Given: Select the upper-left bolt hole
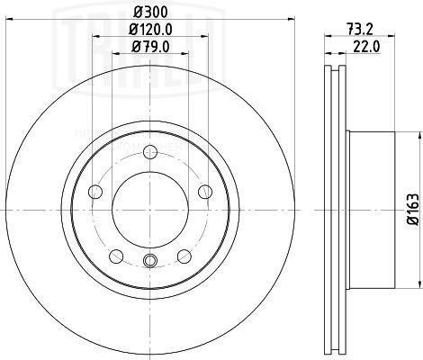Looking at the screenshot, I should [94, 190].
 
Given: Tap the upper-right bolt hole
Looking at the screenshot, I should [204, 190].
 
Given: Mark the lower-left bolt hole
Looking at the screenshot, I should [115, 255].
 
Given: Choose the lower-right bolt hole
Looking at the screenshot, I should [184, 255].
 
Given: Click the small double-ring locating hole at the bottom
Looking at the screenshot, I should [149, 260].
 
